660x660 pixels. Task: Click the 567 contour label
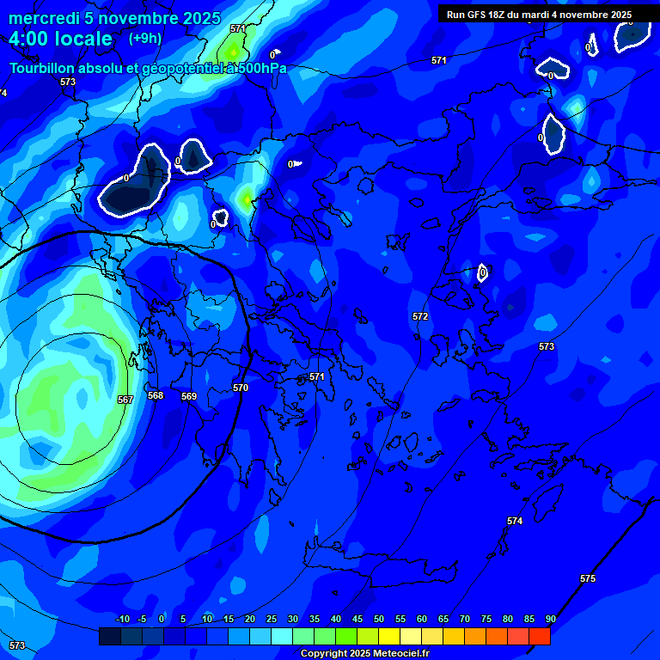(x=125, y=400)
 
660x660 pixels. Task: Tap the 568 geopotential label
(x=156, y=396)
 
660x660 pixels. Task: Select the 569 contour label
(x=189, y=396)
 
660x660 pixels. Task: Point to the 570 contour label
(x=241, y=388)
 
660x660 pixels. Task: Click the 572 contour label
(x=420, y=316)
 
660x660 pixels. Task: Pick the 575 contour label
(x=588, y=578)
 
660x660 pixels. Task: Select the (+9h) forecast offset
(x=145, y=39)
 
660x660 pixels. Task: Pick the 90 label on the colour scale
(x=550, y=620)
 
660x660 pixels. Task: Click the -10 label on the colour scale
(x=122, y=620)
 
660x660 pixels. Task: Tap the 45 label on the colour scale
(x=357, y=620)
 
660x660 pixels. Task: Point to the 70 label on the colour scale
(x=465, y=620)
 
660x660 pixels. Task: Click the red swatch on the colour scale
(x=540, y=636)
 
